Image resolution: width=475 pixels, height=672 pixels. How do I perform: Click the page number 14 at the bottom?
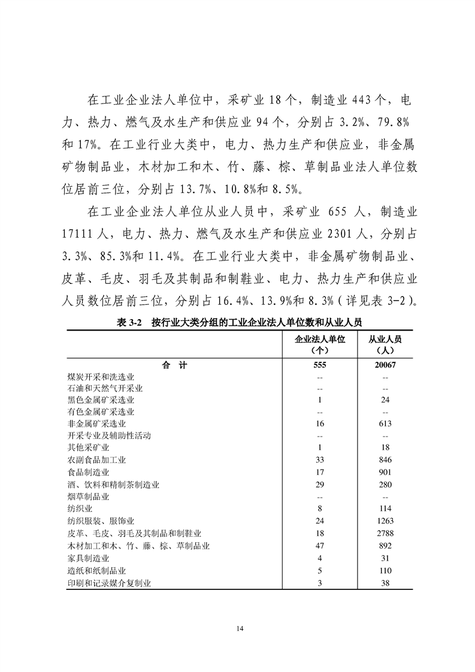click(x=240, y=628)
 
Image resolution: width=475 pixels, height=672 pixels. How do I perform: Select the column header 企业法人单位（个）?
click(x=320, y=344)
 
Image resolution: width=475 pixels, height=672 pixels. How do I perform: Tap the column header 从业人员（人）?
click(x=385, y=344)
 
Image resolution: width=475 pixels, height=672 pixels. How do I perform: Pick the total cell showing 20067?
click(x=385, y=365)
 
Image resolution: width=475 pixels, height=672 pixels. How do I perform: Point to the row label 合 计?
click(x=174, y=365)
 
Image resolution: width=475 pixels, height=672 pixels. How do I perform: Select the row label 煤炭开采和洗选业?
click(x=101, y=377)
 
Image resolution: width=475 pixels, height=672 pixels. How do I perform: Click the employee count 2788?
click(x=385, y=534)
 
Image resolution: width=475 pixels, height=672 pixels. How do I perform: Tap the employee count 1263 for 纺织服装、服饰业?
click(x=385, y=521)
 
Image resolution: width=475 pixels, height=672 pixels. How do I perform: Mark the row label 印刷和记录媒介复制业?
click(x=109, y=582)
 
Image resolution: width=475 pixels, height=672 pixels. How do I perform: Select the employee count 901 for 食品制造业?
click(x=385, y=473)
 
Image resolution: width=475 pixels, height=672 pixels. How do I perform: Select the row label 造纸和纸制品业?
click(x=96, y=570)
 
